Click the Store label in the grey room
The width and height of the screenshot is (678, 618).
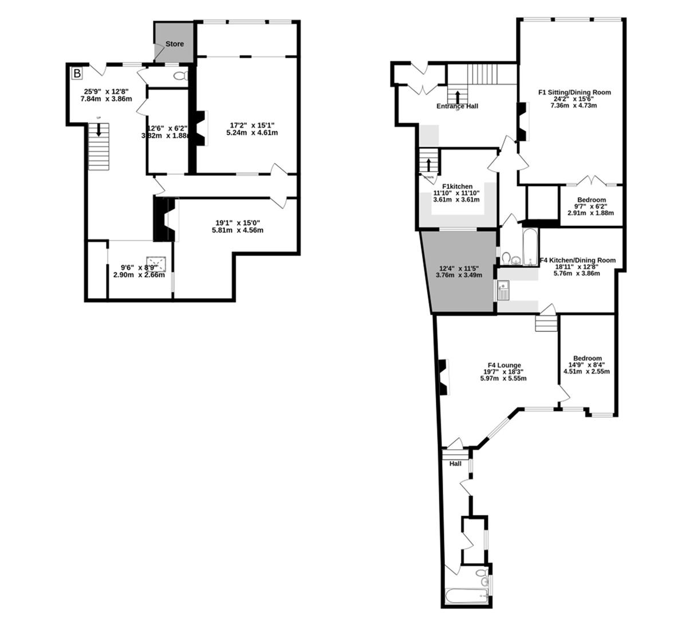coord(175,44)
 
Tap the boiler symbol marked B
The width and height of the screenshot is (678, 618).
coord(76,73)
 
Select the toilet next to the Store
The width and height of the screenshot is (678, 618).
coord(180,76)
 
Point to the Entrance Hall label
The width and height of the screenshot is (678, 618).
coord(457,106)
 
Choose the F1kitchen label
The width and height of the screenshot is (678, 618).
coord(457,187)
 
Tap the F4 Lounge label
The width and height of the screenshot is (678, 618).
coord(504,365)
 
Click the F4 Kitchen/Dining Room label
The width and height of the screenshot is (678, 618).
coord(577,260)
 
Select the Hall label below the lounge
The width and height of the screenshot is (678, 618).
coord(455,463)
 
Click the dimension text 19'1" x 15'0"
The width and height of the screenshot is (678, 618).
coord(239,223)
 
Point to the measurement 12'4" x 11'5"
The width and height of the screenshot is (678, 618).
coord(459,268)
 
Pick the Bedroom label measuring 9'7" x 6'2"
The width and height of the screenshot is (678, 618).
coord(592,200)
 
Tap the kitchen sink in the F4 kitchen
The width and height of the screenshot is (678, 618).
coord(503,291)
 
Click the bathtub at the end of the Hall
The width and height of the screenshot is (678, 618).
coord(464,597)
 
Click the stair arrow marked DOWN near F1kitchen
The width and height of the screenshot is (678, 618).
coord(428,164)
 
